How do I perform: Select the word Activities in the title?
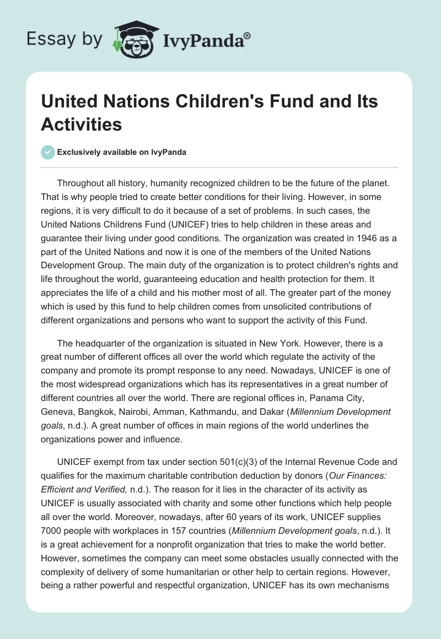click(x=81, y=124)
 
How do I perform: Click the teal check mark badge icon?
click(x=48, y=152)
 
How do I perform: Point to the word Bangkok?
click(x=105, y=411)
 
